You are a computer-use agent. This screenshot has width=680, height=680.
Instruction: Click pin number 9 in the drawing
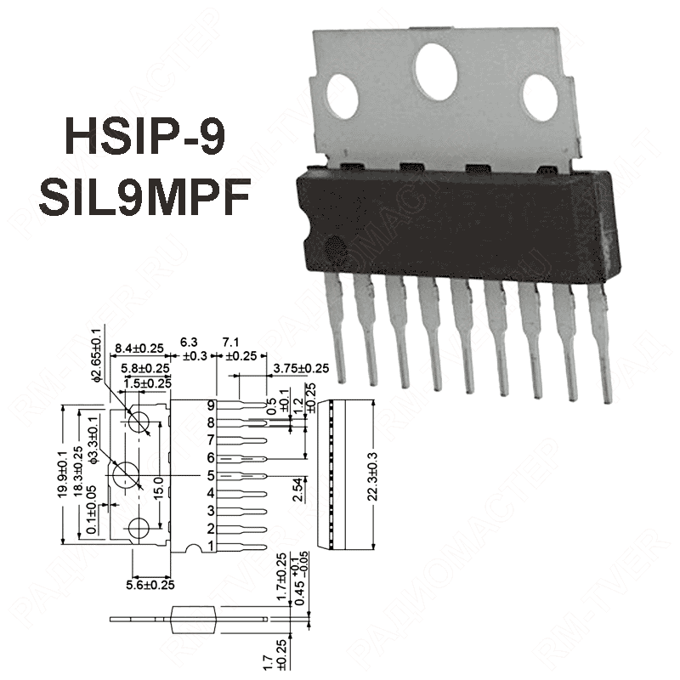[x=211, y=405]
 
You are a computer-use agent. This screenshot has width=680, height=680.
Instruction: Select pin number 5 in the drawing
[x=211, y=476]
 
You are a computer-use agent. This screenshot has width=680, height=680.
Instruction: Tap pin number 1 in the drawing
[x=211, y=547]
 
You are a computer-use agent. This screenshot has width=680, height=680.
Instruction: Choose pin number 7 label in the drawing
[x=211, y=440]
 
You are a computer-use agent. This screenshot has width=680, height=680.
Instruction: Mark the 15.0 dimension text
[x=157, y=486]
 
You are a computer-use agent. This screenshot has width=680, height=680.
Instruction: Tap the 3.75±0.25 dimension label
[x=302, y=368]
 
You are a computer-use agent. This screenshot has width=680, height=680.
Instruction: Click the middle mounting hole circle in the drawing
[x=128, y=473]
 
